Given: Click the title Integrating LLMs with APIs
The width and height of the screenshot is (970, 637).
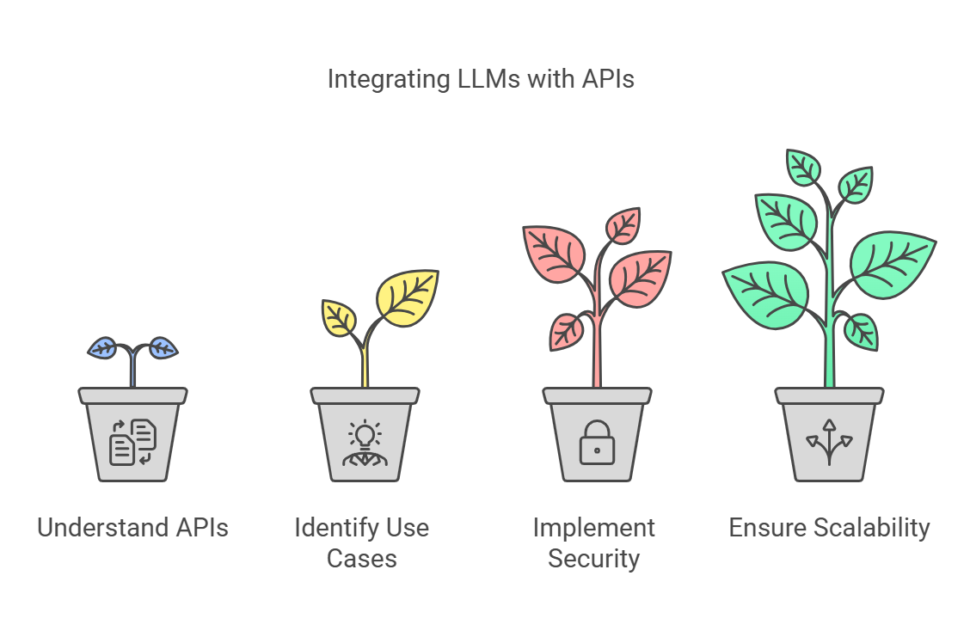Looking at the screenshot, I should coord(481,79).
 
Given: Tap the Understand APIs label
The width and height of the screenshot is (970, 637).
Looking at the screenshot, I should coord(132,527).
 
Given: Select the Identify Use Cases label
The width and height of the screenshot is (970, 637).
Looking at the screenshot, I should coord(361,542).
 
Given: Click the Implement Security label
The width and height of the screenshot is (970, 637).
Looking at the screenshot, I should coord(593,542).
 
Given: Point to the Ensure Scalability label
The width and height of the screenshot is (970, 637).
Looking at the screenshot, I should coord(829,527).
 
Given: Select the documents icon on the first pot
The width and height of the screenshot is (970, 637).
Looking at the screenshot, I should coord(132,442).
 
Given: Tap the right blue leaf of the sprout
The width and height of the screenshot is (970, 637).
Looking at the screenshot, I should coord(163,347).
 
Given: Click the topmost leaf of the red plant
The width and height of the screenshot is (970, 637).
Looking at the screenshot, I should coord(623,225).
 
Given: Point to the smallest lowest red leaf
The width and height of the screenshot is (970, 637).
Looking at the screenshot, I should coord(566,331).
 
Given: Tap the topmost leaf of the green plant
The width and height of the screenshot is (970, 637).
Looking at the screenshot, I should coord(803,167).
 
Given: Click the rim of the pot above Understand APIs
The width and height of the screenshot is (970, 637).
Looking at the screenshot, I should coord(132,395).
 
